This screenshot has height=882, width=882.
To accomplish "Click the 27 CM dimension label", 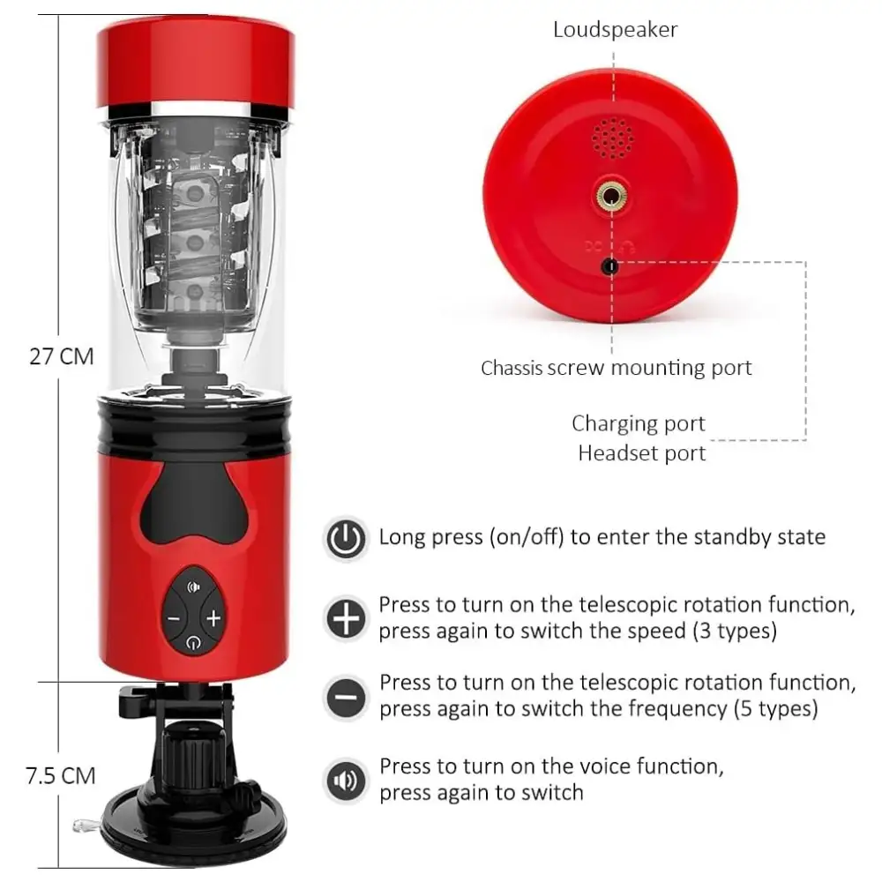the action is click(62, 356).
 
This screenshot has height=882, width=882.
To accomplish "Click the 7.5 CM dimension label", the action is click(60, 775).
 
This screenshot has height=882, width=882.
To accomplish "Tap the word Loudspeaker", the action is click(615, 30).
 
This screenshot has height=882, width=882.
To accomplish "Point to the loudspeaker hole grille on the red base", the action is click(612, 138).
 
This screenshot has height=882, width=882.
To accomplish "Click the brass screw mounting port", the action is click(611, 196).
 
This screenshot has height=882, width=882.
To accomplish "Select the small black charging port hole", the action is click(609, 266).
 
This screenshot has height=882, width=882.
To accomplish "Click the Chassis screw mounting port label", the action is click(616, 368).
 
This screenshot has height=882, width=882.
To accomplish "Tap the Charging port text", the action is click(639, 423).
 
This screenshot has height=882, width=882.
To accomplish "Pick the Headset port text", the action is click(642, 453).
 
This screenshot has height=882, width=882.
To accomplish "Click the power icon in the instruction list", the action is click(346, 538).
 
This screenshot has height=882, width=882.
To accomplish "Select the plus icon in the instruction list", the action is click(346, 618).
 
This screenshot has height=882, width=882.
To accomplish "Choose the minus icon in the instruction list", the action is click(346, 698).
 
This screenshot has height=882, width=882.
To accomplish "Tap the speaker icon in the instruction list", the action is click(346, 781).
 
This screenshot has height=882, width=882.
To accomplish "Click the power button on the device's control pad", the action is click(193, 642).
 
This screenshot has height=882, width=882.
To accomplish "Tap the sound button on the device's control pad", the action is click(193, 587).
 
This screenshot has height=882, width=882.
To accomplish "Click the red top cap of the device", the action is click(195, 63).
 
